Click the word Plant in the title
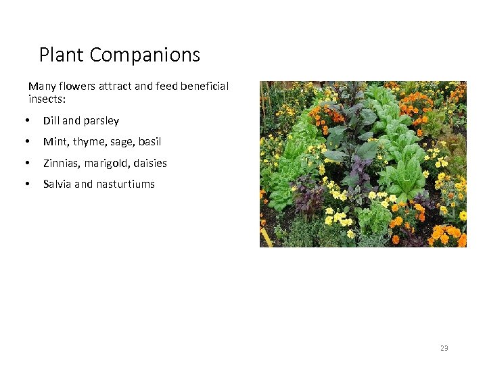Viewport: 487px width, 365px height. pyautogui.click(x=62, y=55)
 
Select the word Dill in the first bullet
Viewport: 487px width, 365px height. pyautogui.click(x=51, y=121)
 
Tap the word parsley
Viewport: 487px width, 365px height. pyautogui.click(x=101, y=121)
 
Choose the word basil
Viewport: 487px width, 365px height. pyautogui.click(x=149, y=142)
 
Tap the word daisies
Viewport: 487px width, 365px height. pyautogui.click(x=150, y=163)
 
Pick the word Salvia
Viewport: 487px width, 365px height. pyautogui.click(x=57, y=184)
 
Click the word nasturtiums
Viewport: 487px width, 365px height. pyautogui.click(x=126, y=184)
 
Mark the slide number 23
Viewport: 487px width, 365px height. pyautogui.click(x=444, y=348)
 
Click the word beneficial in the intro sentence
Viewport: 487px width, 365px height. pyautogui.click(x=204, y=87)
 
